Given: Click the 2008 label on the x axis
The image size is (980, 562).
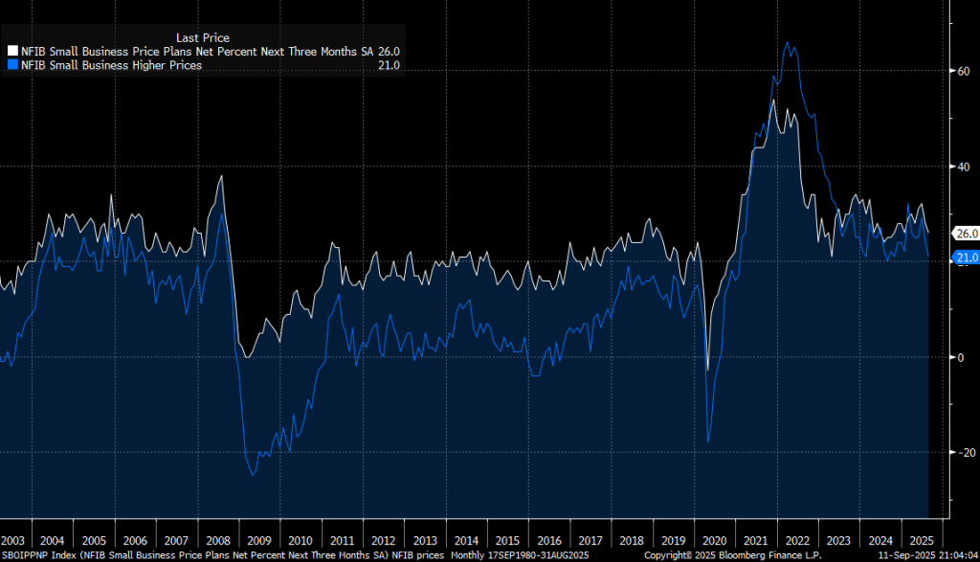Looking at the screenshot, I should click(x=218, y=540).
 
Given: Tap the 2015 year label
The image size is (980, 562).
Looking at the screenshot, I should click(x=508, y=540).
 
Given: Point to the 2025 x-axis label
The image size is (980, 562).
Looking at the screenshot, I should click(x=922, y=540).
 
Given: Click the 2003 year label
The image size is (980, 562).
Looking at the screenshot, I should click(x=13, y=540).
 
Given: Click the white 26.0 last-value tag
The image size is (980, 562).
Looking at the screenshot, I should click(x=966, y=234).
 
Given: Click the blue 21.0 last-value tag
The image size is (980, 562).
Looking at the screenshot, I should click(x=966, y=258).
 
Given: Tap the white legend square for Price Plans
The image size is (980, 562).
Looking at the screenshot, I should click(x=12, y=52).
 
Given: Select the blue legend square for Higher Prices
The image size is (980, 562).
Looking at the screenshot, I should click(x=12, y=65).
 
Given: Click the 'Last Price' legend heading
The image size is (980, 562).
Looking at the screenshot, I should click(x=203, y=38).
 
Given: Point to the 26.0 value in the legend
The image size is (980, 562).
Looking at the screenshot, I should click(x=389, y=52).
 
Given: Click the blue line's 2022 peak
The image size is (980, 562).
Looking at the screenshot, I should click(x=787, y=42).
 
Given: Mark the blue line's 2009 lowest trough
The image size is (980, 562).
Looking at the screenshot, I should click(x=253, y=474).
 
